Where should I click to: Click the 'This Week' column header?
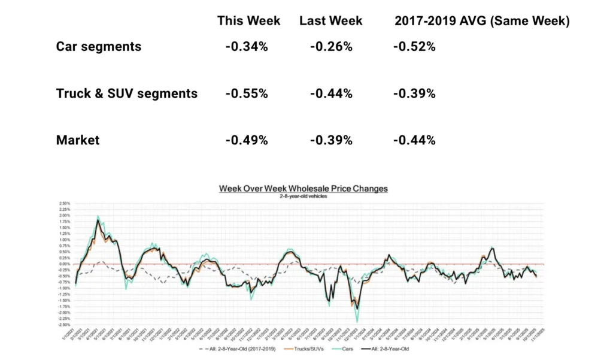pos(248,21)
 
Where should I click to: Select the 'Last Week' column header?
pos(330,21)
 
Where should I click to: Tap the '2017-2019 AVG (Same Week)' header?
pos(481,21)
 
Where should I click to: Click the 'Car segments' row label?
pos(99,46)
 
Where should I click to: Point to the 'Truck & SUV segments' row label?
pos(126,93)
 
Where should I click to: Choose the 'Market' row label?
pos(78,140)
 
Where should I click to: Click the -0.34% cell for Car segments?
pos(246,46)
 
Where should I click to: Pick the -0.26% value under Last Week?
pos(331,46)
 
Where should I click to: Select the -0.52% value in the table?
pos(414,46)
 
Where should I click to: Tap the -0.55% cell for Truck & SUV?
pos(246,93)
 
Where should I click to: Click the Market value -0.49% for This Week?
pos(246,140)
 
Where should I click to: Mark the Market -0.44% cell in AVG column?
pos(414,140)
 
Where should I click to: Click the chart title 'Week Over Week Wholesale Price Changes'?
pos(303,189)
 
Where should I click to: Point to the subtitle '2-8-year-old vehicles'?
pos(303,196)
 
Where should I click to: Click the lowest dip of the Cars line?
pos(357,322)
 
